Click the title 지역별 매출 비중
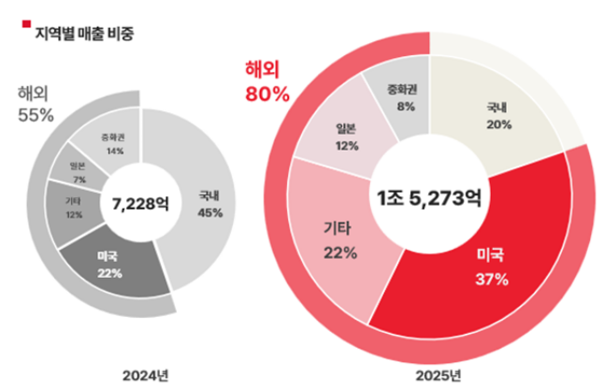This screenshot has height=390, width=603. pos(83,35)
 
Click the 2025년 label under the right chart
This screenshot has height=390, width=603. pos(436,376)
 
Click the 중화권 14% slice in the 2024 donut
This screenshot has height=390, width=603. pos(116,142)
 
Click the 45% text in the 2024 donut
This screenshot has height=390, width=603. pos(210,212)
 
